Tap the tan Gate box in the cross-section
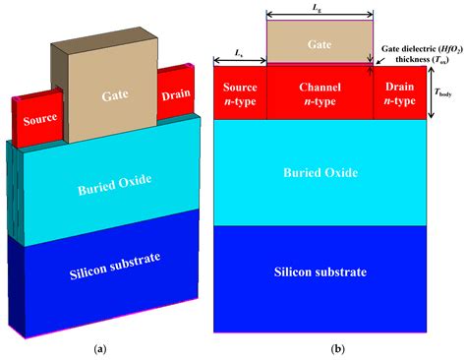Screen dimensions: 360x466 pyautogui.click(x=320, y=43)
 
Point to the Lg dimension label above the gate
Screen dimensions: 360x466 pyautogui.click(x=319, y=8)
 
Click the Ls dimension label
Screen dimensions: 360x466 pyautogui.click(x=240, y=49)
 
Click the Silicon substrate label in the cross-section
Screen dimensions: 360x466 pyautogui.click(x=320, y=271)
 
